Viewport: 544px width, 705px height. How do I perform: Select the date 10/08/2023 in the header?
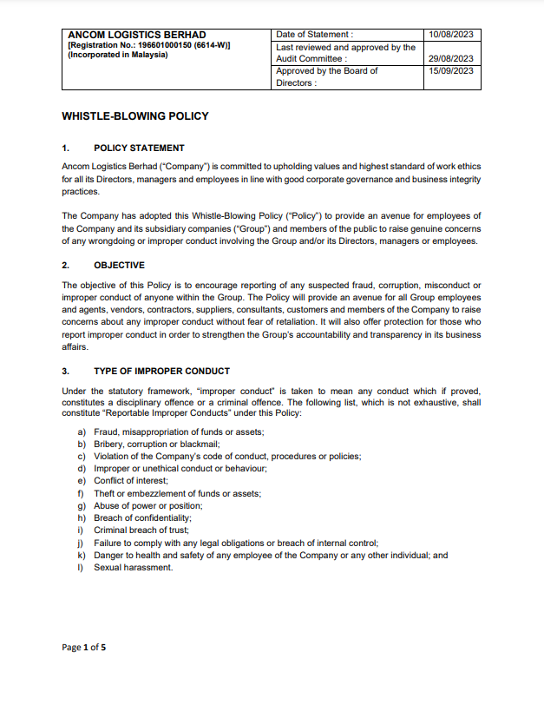[x=450, y=35]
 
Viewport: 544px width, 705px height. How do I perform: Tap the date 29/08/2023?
[x=450, y=58]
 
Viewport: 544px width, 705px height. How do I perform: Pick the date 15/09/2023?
[x=450, y=71]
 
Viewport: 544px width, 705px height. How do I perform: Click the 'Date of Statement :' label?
[x=314, y=35]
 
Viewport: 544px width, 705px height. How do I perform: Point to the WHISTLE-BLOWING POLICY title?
[x=135, y=115]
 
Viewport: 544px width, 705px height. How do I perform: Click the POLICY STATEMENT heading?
[x=139, y=148]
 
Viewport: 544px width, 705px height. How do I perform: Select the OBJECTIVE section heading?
[x=119, y=265]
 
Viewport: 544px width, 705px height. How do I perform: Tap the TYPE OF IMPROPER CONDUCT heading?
[x=161, y=371]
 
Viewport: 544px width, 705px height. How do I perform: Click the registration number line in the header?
[x=148, y=45]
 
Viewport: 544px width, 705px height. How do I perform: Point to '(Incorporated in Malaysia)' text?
[x=118, y=55]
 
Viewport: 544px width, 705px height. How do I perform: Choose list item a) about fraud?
[x=179, y=432]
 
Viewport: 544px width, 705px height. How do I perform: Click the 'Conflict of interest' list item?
[x=131, y=481]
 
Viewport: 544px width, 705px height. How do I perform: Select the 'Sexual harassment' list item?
[x=134, y=568]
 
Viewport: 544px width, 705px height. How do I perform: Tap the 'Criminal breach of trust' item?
[x=141, y=530]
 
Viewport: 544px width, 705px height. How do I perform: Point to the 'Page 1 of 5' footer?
[x=84, y=648]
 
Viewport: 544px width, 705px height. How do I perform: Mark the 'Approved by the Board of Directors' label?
[x=326, y=77]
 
